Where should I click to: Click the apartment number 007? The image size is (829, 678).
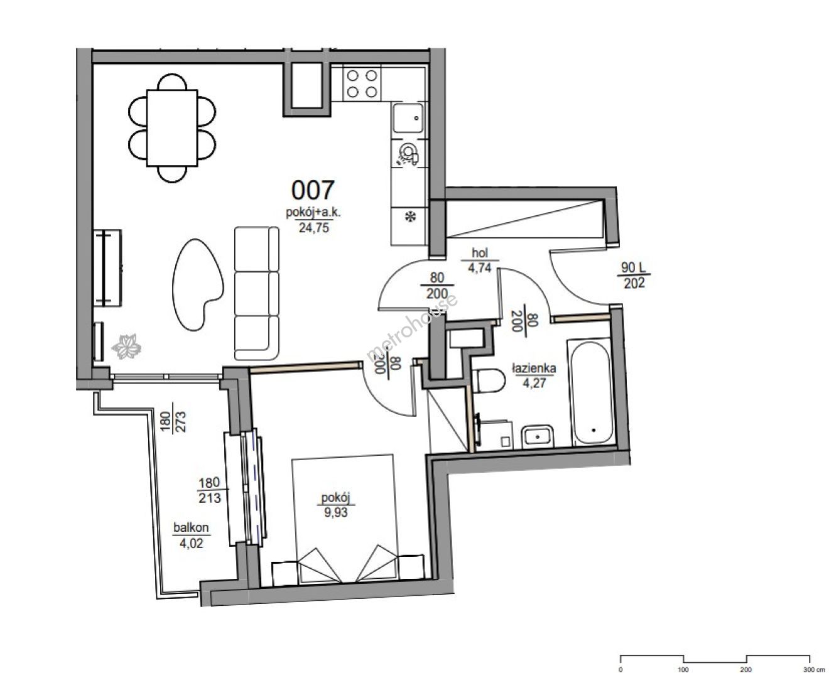[x=313, y=190]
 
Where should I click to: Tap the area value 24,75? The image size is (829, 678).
[x=313, y=228]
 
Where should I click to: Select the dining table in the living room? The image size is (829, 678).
[x=172, y=127]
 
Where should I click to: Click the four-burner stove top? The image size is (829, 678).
[x=362, y=83]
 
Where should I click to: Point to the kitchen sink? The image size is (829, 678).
[x=408, y=118]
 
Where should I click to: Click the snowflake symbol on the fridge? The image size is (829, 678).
[x=410, y=216]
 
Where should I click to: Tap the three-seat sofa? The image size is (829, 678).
[x=257, y=293]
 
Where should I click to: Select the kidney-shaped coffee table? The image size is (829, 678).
[x=198, y=284]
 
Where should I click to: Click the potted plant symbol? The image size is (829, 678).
[x=126, y=347]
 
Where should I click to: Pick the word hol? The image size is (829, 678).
[x=480, y=253]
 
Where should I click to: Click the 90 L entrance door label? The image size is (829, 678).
[x=633, y=267]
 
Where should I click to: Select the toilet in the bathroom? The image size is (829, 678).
[x=489, y=380]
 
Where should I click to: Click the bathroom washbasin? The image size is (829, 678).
[x=538, y=436]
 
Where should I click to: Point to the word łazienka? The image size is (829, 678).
[x=534, y=369]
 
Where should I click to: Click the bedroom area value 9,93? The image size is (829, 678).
[x=336, y=512]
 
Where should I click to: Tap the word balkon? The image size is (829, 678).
[x=191, y=527]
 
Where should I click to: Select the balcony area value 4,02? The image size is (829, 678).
[x=191, y=543]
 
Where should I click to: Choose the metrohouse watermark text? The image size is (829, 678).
[x=412, y=327]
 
